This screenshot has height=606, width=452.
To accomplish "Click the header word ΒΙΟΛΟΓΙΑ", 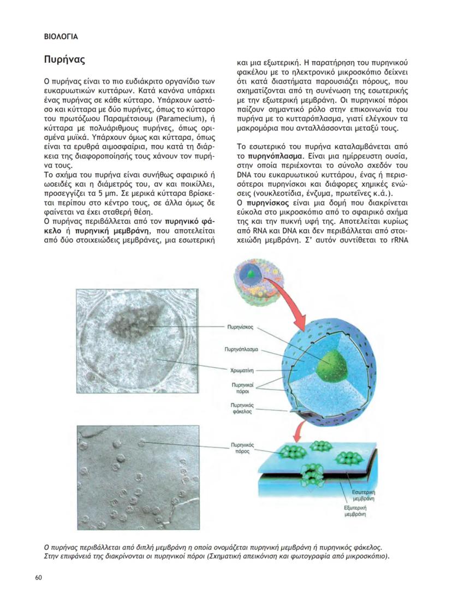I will [61, 37].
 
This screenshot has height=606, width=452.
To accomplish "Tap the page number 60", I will [39, 578].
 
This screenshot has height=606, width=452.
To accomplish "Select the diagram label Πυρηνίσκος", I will [240, 328].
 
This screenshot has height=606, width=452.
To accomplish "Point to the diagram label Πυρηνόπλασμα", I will [240, 348].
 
